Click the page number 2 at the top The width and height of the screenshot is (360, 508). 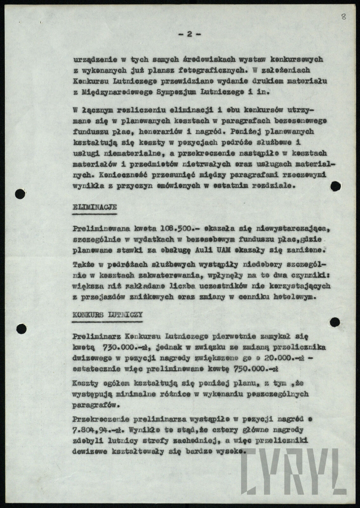[189, 35]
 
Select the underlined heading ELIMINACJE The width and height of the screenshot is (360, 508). [95, 208]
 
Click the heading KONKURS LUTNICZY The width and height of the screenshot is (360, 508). [107, 315]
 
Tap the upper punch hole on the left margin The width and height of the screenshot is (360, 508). [20, 193]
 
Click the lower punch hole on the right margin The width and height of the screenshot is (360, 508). [335, 322]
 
